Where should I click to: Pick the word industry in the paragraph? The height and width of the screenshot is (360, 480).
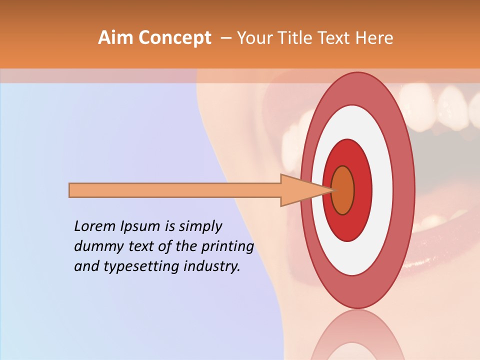tap(210, 266)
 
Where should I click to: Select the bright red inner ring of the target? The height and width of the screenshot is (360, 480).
tap(362, 190)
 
